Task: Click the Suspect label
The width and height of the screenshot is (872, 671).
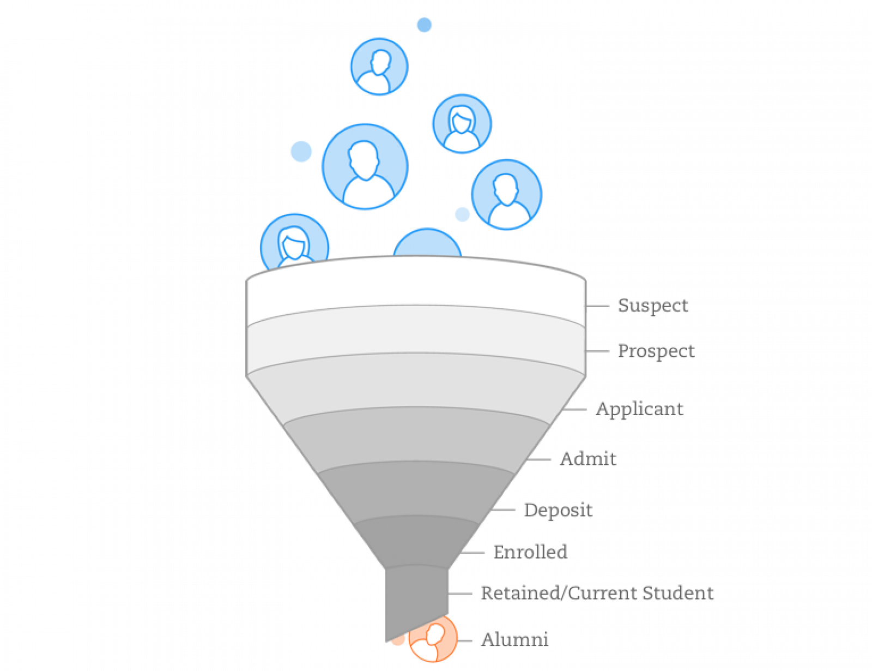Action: pyautogui.click(x=653, y=305)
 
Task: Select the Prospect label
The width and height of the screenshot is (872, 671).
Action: pyautogui.click(x=657, y=351)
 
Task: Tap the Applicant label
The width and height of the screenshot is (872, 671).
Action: pyautogui.click(x=640, y=409)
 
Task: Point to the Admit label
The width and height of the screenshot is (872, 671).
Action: pyautogui.click(x=589, y=458)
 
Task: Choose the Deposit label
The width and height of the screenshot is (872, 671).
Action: pyautogui.click(x=558, y=510)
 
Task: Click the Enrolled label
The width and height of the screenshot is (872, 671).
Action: pyautogui.click(x=531, y=552)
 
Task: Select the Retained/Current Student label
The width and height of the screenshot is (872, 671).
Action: pyautogui.click(x=598, y=593)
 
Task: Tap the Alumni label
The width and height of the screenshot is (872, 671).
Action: pyautogui.click(x=515, y=639)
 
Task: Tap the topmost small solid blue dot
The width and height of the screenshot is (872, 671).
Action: pyautogui.click(x=424, y=25)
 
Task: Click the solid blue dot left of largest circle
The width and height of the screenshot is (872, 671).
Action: pyautogui.click(x=301, y=151)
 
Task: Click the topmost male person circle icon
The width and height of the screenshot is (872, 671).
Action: pyautogui.click(x=379, y=67)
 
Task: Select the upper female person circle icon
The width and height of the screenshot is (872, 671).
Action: pyautogui.click(x=461, y=124)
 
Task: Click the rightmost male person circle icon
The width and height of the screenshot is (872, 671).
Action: pyautogui.click(x=506, y=194)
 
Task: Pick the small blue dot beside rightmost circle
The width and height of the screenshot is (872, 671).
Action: pyautogui.click(x=462, y=214)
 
